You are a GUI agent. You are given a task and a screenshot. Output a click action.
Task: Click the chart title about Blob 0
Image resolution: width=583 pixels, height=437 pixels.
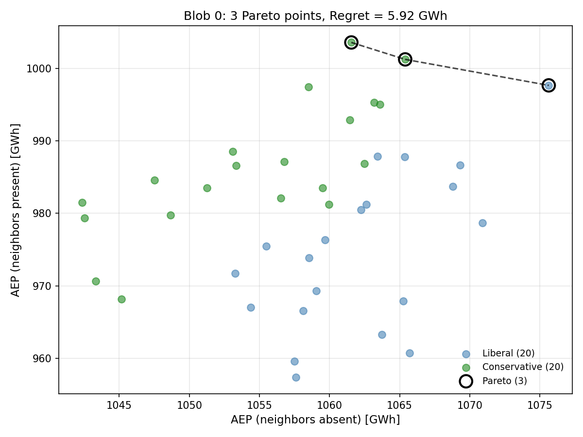click(315, 16)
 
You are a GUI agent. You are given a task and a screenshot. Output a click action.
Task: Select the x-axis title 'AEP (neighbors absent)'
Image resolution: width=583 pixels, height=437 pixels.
click(315, 420)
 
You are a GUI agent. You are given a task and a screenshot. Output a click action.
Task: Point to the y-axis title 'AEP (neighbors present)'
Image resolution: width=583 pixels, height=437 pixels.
click(16, 210)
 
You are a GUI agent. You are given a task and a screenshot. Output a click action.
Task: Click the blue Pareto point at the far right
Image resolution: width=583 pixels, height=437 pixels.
click(549, 85)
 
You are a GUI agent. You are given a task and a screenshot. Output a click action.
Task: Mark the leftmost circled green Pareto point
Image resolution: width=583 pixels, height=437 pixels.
click(351, 42)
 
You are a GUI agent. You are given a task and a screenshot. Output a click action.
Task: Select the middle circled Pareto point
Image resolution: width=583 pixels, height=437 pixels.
click(405, 59)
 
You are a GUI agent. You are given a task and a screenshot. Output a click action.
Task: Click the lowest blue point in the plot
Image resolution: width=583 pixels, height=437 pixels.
click(296, 377)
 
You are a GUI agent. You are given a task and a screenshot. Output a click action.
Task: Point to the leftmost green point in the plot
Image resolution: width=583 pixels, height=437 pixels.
click(82, 202)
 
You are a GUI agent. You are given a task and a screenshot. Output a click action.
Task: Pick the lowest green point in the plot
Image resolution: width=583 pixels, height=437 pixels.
click(121, 299)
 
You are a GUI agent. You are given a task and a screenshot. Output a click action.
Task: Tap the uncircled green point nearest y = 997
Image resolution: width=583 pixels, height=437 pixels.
click(309, 87)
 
